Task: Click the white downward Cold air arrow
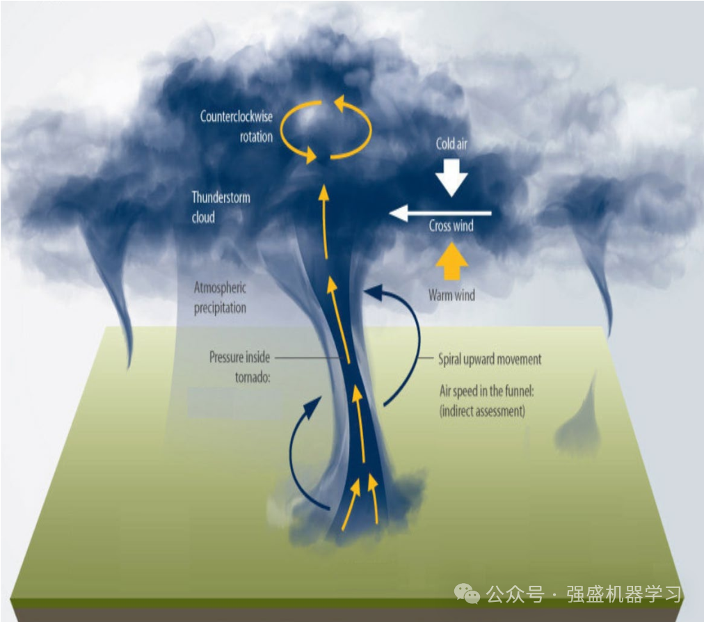point(451,178)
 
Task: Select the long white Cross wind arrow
point(440,213)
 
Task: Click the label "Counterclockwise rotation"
point(237,127)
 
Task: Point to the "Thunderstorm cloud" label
point(221,207)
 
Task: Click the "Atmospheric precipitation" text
point(220,297)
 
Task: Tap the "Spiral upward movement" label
point(489,360)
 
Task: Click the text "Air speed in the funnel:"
point(486,392)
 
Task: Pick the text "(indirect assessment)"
point(481,410)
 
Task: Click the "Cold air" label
point(451,144)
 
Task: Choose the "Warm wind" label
point(451,296)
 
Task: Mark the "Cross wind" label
point(451,226)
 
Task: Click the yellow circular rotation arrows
point(326,129)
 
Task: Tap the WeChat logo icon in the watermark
point(467,593)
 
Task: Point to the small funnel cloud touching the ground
point(577,424)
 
